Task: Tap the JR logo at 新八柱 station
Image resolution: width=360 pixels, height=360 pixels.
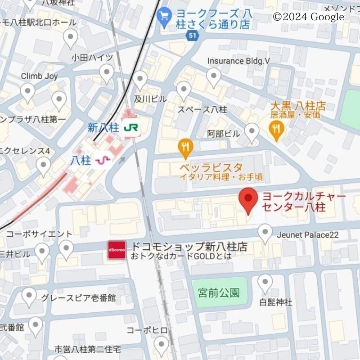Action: [x=131, y=128]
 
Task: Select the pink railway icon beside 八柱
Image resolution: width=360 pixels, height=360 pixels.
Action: [x=103, y=160]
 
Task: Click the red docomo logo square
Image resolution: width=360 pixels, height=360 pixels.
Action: [x=117, y=250]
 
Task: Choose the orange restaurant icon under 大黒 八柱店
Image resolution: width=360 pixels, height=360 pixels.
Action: [x=276, y=130]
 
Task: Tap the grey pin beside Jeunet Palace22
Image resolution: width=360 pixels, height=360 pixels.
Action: [x=265, y=233]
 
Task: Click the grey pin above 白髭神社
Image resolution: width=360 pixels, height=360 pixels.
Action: [x=265, y=283]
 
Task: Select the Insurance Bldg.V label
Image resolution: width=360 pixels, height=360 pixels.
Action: [x=238, y=61]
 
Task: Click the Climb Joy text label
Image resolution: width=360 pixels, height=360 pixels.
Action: [x=39, y=76]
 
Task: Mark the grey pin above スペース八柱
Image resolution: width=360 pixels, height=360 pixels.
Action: [x=184, y=90]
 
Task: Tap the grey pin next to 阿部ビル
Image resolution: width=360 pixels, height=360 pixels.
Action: [x=252, y=132]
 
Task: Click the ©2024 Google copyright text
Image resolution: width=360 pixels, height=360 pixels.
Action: [x=308, y=17]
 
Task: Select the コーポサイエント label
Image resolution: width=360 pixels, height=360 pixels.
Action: [x=39, y=234]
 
